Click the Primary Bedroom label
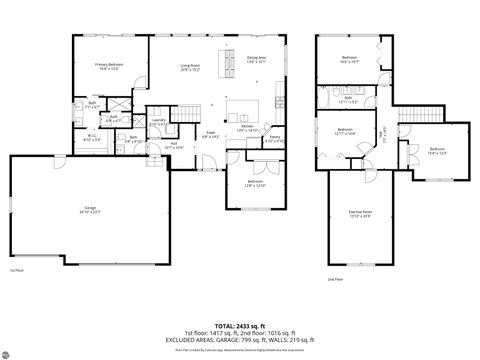(x=108, y=67)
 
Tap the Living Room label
(x=191, y=67)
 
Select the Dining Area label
(x=256, y=60)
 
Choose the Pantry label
(x=274, y=139)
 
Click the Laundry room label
(x=158, y=122)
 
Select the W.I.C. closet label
(x=89, y=138)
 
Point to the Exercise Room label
(x=361, y=214)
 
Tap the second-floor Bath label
(x=347, y=99)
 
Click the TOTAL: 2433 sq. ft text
(x=240, y=326)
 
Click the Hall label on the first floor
(x=173, y=145)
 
